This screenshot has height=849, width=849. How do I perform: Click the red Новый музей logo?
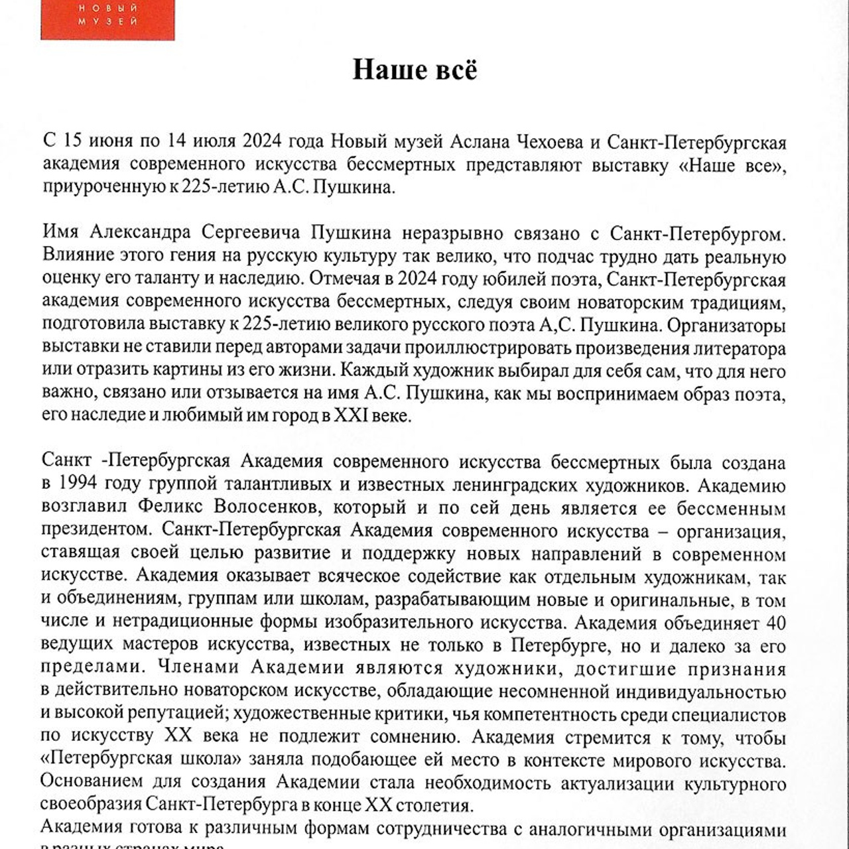click(107, 19)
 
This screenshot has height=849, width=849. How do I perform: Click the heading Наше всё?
click(415, 70)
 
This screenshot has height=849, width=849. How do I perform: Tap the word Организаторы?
click(727, 325)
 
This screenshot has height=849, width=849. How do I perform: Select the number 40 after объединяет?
click(775, 623)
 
